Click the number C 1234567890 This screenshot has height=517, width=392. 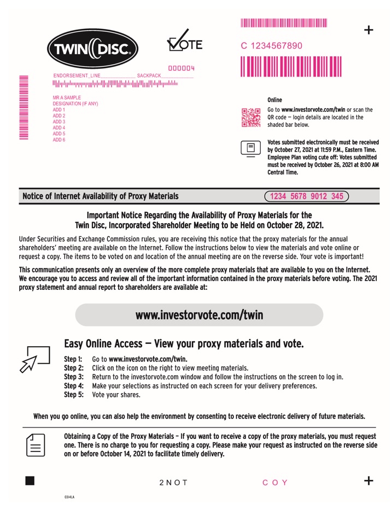pyautogui.click(x=272, y=46)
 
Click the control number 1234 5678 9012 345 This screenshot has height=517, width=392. pyautogui.click(x=306, y=196)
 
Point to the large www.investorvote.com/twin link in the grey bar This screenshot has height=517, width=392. pyautogui.click(x=199, y=315)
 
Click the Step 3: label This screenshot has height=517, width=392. pyautogui.click(x=74, y=377)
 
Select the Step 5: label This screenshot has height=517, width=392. pyautogui.click(x=74, y=394)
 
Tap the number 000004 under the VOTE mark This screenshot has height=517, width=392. pyautogui.click(x=181, y=68)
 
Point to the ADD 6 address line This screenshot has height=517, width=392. pyautogui.click(x=59, y=140)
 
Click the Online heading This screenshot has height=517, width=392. pyautogui.click(x=275, y=100)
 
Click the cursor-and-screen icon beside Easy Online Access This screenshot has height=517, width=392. pyautogui.click(x=34, y=359)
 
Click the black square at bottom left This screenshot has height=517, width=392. pyautogui.click(x=30, y=480)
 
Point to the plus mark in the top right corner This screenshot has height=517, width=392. pyautogui.click(x=369, y=30)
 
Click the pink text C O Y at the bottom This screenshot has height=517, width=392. pyautogui.click(x=275, y=483)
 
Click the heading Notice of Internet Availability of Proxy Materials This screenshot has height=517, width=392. pyautogui.click(x=100, y=196)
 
